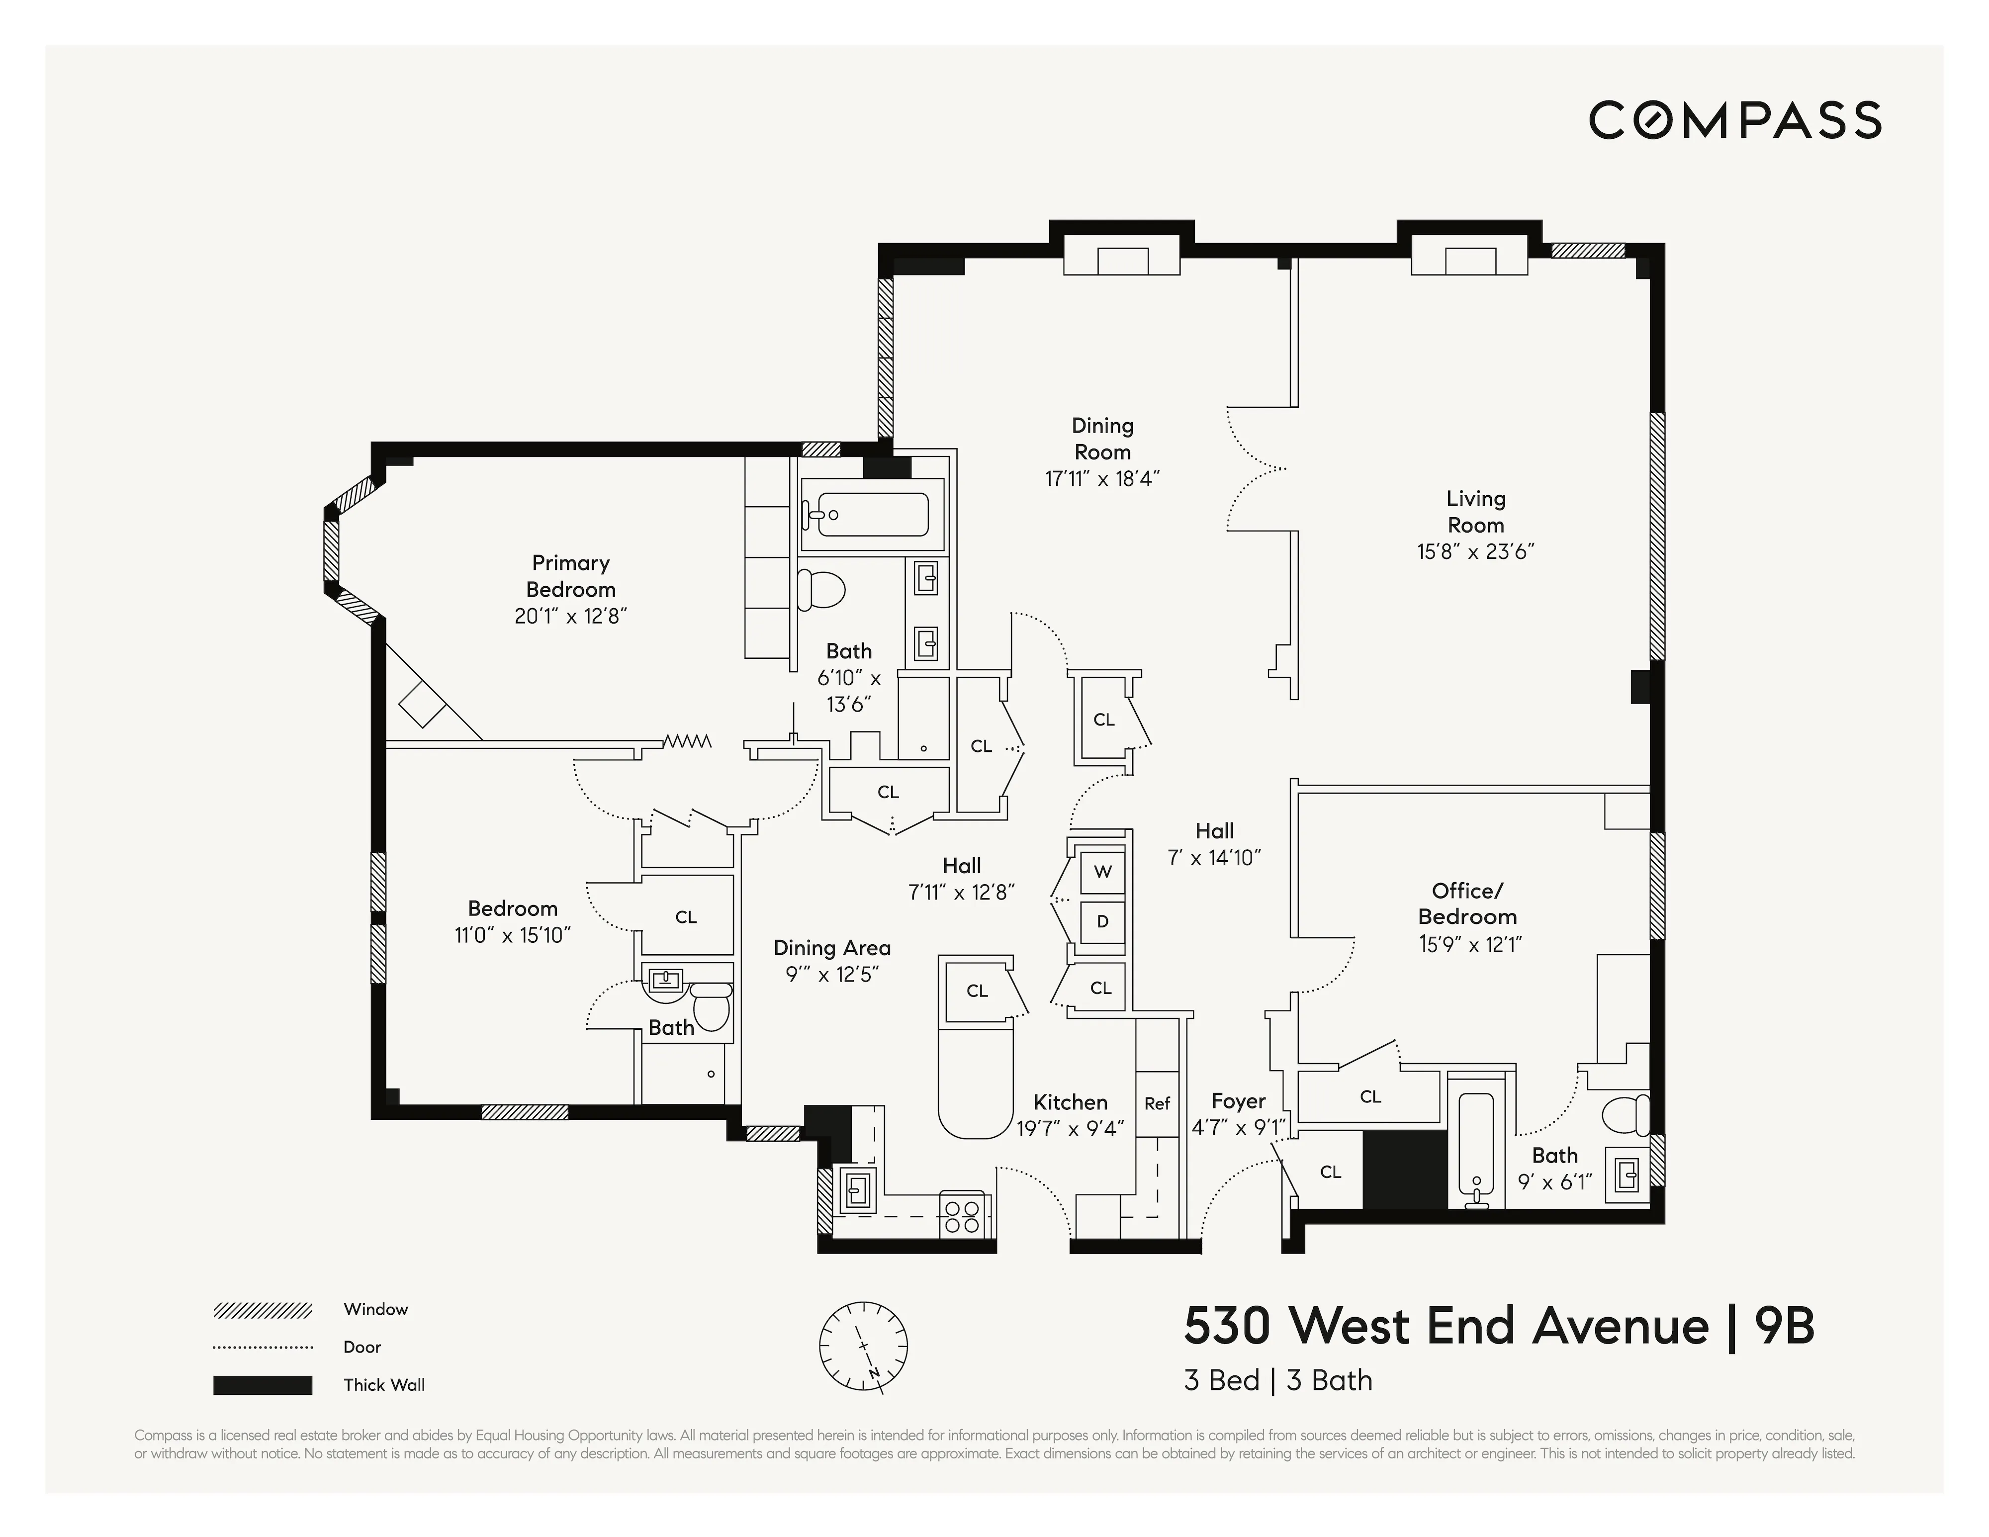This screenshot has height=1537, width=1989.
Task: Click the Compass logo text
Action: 1735,120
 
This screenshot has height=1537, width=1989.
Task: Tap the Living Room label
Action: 1475,512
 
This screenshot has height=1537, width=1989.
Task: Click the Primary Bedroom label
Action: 571,575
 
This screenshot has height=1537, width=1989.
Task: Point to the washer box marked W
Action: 1102,871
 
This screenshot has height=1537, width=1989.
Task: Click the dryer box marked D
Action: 1102,921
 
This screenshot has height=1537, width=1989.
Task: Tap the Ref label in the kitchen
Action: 1157,1103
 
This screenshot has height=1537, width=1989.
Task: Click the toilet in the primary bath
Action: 819,590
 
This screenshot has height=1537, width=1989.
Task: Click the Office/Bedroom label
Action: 1467,904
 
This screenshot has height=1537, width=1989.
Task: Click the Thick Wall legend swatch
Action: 262,1385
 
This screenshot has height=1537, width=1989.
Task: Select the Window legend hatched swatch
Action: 262,1310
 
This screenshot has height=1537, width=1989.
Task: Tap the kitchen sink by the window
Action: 857,1188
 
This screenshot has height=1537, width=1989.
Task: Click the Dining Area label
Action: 831,948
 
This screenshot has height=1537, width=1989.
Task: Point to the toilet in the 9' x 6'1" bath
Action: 1626,1115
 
